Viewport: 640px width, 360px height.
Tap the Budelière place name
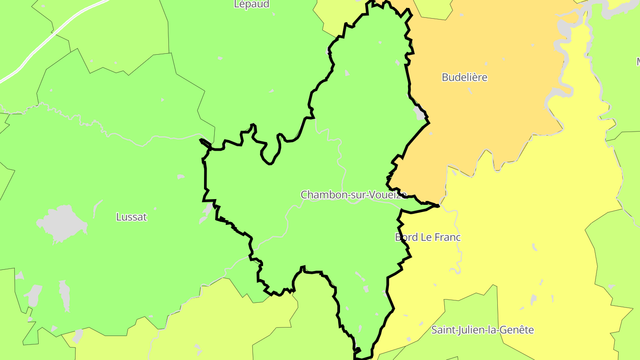click(x=464, y=77)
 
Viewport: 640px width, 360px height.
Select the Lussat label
click(x=131, y=217)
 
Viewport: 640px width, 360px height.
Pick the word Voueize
click(x=383, y=195)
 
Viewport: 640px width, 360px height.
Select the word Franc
click(x=448, y=237)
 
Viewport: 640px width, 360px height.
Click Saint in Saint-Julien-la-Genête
click(x=443, y=330)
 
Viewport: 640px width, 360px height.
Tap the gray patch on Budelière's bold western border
click(x=419, y=113)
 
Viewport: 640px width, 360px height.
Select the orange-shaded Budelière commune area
click(x=480, y=116)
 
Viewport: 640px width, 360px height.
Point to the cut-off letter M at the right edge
click(x=638, y=62)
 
